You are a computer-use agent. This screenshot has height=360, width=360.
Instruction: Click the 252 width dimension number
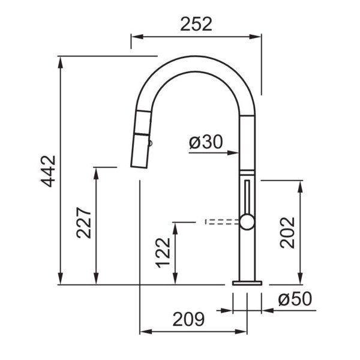point(196,25)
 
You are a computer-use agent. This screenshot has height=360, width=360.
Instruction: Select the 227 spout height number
point(84,223)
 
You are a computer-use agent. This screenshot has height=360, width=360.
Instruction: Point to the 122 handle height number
point(163,253)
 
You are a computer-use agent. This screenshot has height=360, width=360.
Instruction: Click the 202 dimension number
point(287,233)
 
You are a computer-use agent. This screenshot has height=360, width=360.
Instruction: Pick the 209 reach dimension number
point(188,319)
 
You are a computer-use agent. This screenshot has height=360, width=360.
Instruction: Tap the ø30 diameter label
point(206,142)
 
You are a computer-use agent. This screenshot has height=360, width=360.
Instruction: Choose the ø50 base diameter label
point(295,299)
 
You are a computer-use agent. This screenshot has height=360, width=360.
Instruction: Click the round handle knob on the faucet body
point(247,222)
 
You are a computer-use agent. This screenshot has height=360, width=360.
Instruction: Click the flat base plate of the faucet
point(247,283)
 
